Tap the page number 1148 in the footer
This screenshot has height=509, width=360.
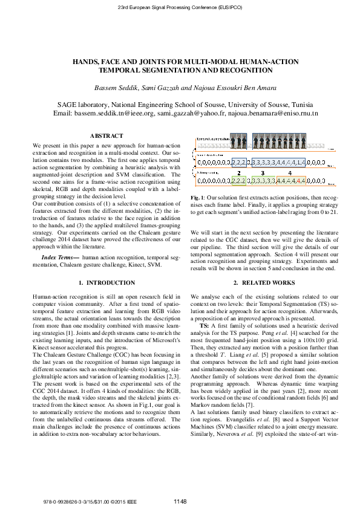[x=180, y=501]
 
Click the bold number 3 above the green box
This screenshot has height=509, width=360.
[x=263, y=172]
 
